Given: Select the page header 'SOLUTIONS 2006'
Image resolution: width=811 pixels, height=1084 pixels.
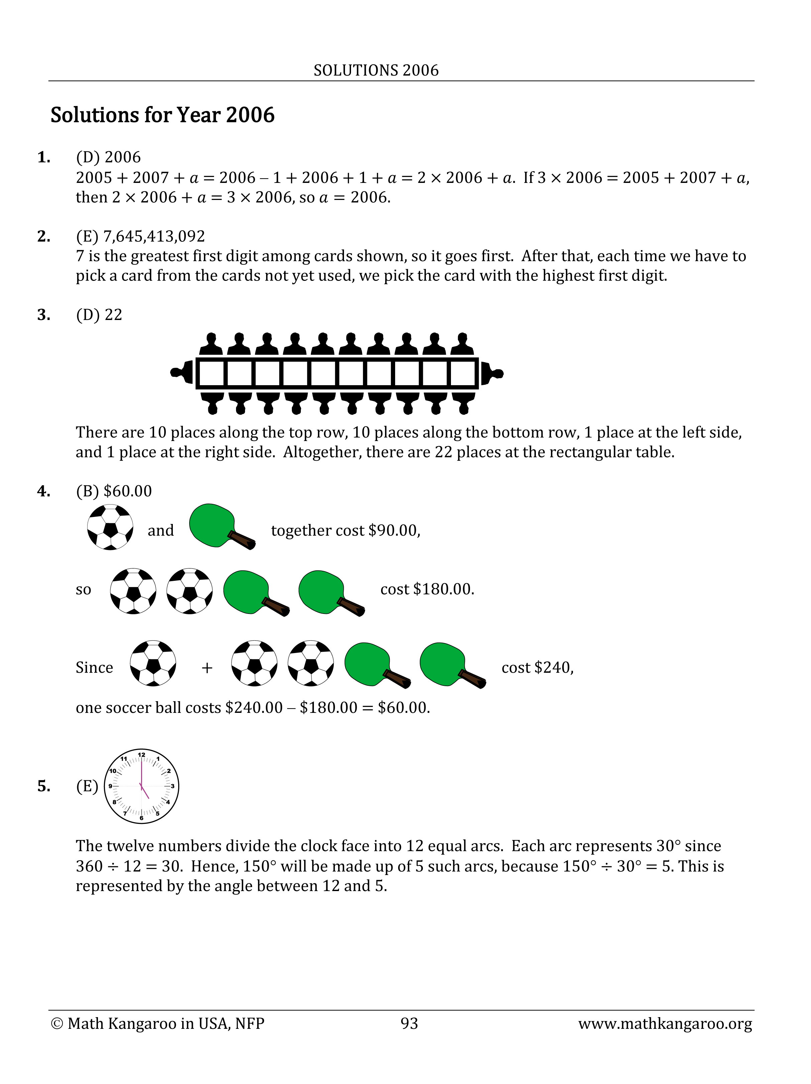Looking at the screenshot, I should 376,71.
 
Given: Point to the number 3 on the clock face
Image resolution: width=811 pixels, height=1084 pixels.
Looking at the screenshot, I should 172,786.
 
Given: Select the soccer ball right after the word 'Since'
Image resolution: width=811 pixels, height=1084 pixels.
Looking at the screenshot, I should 153,663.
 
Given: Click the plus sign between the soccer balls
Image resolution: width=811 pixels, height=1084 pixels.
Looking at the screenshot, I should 207,667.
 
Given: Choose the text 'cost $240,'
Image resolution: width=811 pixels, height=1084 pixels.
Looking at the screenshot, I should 537,667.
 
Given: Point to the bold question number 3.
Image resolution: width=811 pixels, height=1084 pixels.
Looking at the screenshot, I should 43,315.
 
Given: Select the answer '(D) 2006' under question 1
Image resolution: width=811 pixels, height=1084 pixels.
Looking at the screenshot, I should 108,157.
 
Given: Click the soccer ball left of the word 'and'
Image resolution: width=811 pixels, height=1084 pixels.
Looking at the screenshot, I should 110,527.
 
